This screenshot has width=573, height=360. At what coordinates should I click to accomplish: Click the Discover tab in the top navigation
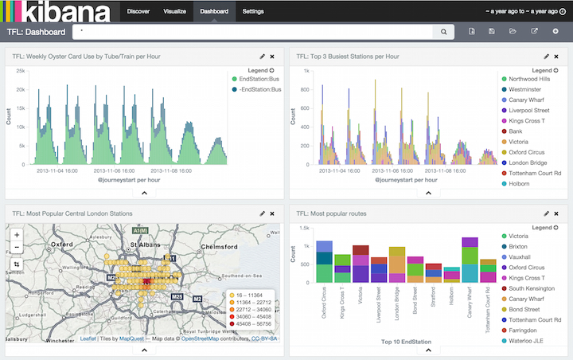tap(138, 12)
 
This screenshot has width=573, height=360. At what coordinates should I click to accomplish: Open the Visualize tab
tap(174, 12)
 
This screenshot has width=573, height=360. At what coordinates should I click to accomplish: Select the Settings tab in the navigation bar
tap(253, 12)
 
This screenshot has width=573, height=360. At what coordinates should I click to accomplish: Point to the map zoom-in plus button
tap(17, 235)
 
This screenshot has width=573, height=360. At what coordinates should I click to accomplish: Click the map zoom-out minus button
tap(17, 248)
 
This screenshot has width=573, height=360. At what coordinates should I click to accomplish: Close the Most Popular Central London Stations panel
tap(272, 213)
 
